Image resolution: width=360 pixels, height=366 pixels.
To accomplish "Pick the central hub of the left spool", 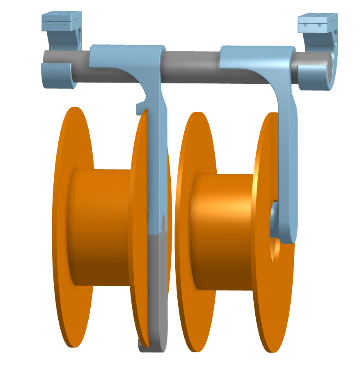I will coord(103,226).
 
